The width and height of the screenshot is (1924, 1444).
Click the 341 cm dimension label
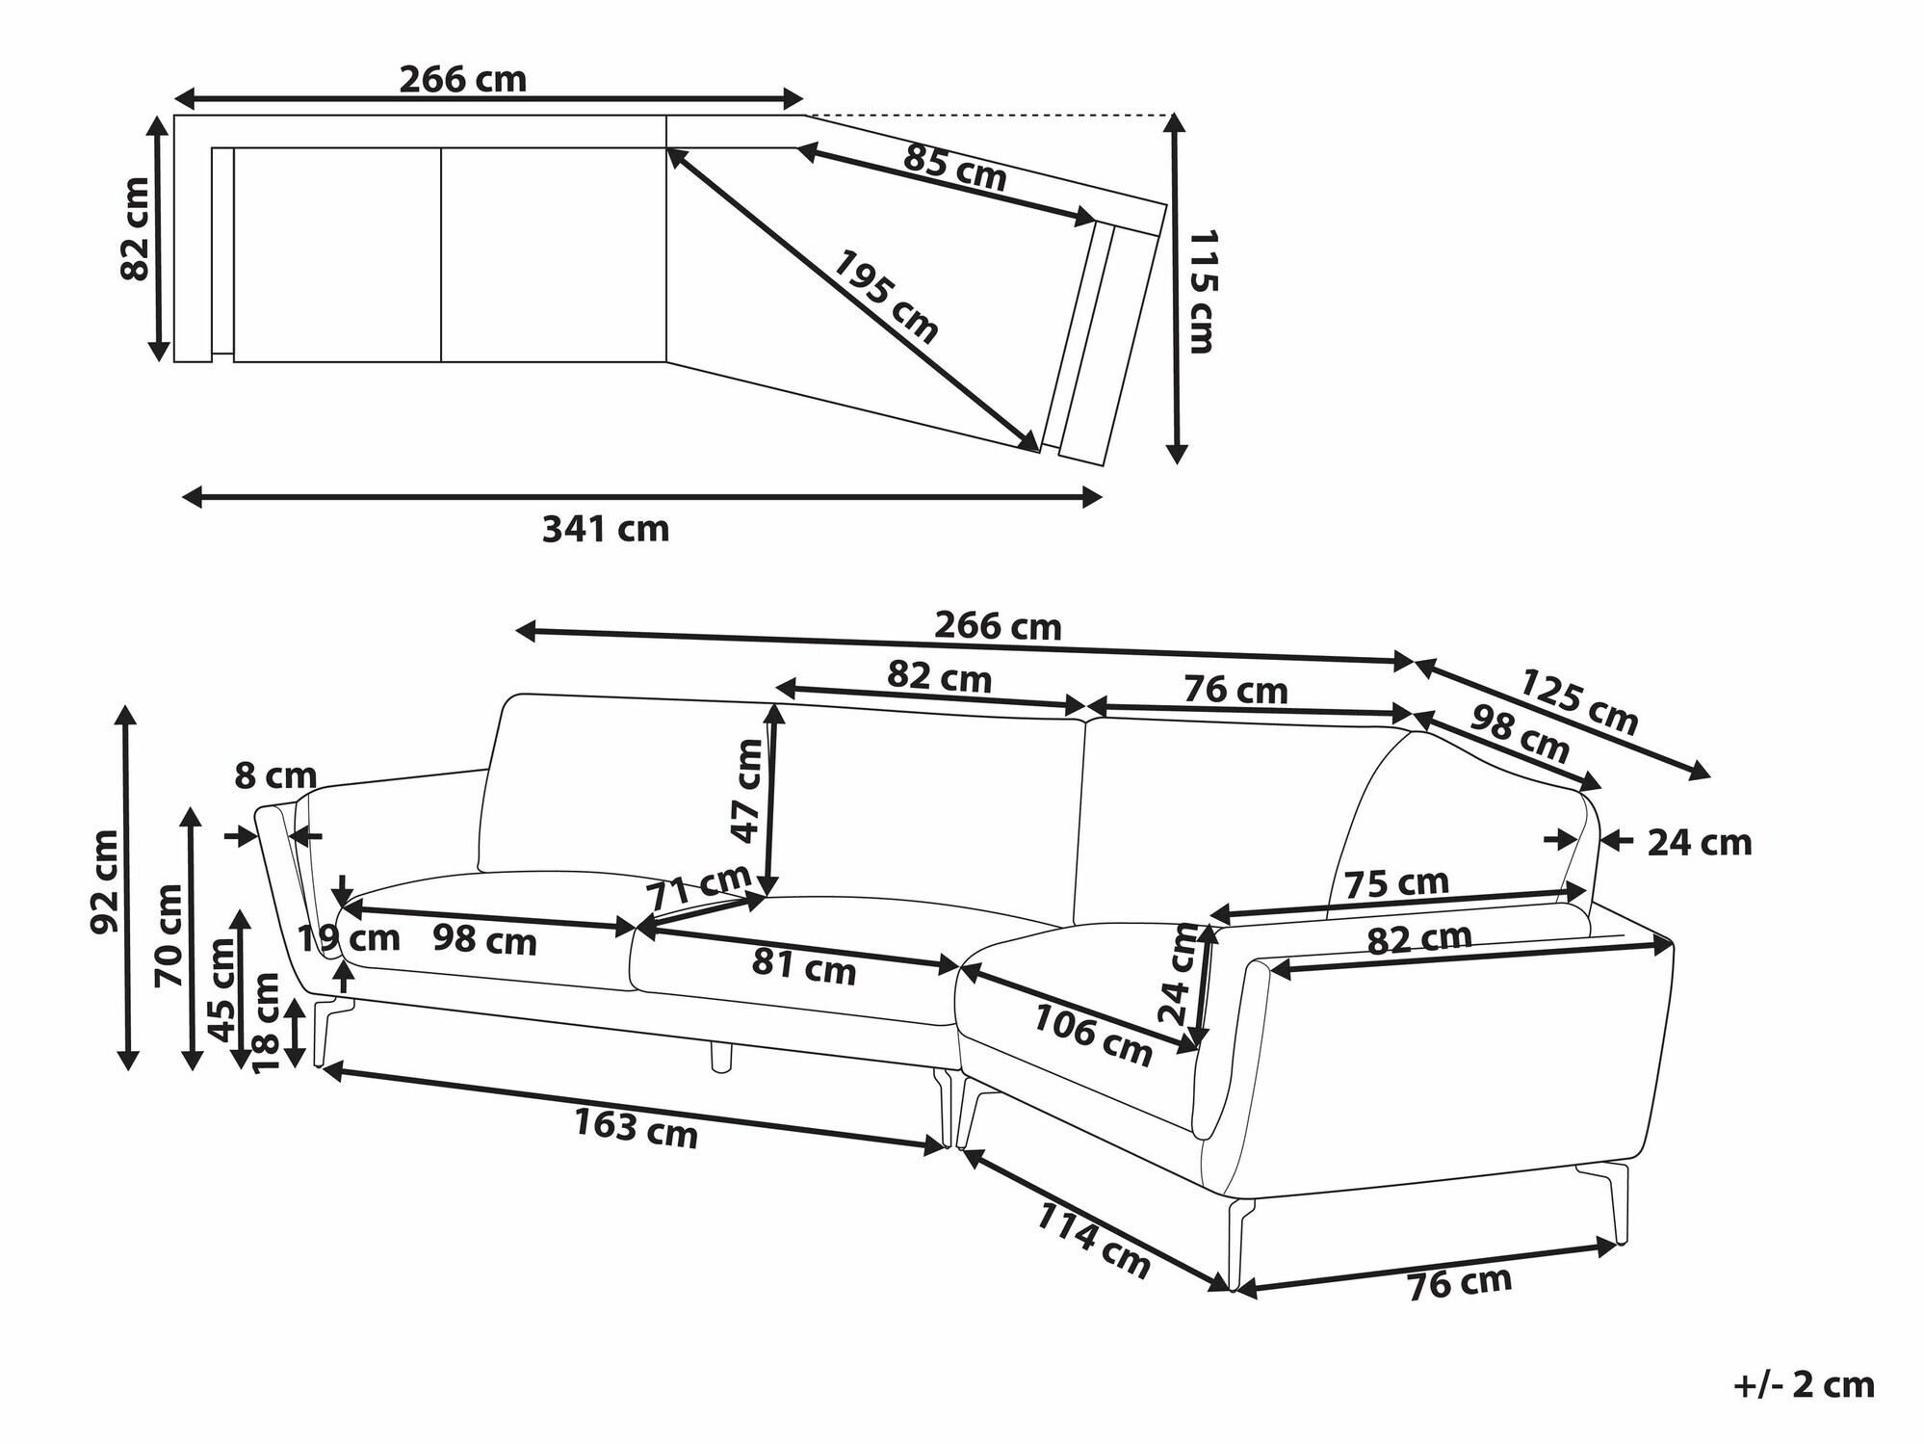pyautogui.click(x=605, y=529)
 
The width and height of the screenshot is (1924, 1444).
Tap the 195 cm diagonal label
pyautogui.click(x=884, y=297)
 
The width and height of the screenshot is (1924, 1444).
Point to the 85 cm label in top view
pyautogui.click(x=954, y=170)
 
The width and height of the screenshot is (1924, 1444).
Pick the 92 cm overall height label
pyautogui.click(x=105, y=880)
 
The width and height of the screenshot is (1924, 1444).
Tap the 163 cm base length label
pyautogui.click(x=636, y=1129)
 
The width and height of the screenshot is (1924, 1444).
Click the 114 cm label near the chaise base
pyautogui.click(x=1093, y=1242)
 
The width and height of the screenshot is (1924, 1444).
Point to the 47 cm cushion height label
pyautogui.click(x=747, y=791)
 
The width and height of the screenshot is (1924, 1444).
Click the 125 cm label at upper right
pyautogui.click(x=1578, y=702)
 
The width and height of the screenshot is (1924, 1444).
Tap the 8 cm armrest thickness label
pyautogui.click(x=275, y=775)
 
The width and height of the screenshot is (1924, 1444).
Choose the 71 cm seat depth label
pyautogui.click(x=698, y=886)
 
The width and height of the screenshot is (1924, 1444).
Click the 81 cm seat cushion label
pyautogui.click(x=804, y=966)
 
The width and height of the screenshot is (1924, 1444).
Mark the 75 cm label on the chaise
pyautogui.click(x=1395, y=882)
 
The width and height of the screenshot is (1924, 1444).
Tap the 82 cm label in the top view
pyautogui.click(x=136, y=229)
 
